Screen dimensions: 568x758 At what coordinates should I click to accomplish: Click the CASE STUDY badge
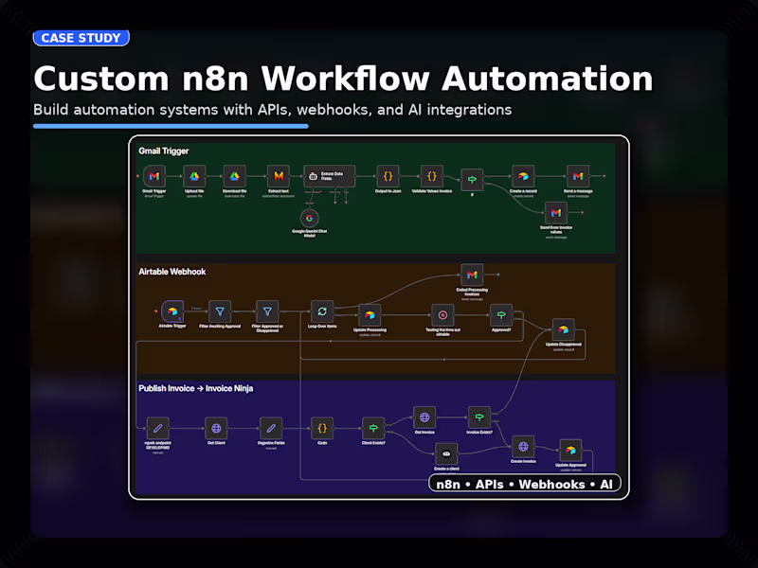point(81,38)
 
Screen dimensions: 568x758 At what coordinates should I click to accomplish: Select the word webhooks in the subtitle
point(329,110)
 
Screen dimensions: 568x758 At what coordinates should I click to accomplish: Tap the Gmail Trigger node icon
point(154,176)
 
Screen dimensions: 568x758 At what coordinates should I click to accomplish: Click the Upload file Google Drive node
point(193,176)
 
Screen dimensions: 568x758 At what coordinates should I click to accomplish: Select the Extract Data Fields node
point(329,176)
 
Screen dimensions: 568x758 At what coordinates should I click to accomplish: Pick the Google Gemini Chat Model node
point(309,219)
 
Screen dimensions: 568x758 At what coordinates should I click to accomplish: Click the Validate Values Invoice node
point(432,176)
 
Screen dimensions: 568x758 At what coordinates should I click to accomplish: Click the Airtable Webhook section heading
point(172,272)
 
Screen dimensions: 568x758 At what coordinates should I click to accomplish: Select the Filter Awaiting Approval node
point(220,311)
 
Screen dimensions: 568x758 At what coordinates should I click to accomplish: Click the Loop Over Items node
point(322,311)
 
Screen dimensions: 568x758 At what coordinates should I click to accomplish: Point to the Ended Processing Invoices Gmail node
point(471,275)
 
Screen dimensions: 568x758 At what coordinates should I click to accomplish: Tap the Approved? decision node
point(501,314)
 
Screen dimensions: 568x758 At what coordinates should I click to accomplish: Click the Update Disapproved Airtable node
point(563,329)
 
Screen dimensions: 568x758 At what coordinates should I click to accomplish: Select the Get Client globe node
point(217,427)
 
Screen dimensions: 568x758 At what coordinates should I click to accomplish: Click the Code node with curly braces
point(322,427)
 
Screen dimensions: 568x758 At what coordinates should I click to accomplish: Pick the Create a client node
point(446,454)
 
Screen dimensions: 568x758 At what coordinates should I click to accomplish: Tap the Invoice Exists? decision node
point(479,417)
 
